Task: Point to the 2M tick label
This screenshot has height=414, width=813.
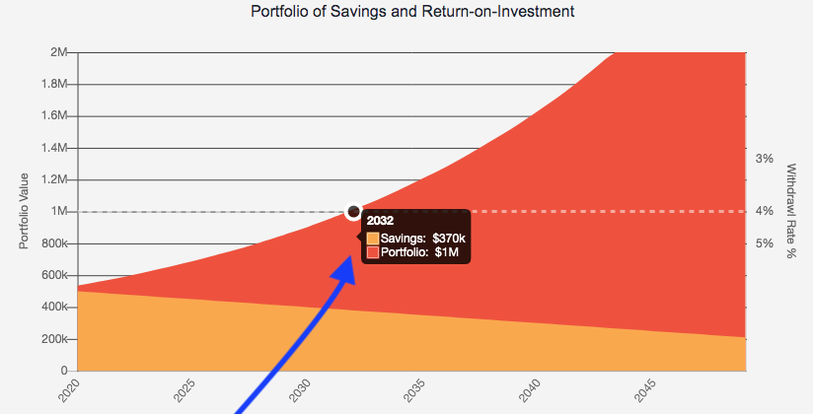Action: pos(58,51)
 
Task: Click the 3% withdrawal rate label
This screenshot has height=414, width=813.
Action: pos(764,158)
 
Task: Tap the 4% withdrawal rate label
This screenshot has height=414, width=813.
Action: pos(764,212)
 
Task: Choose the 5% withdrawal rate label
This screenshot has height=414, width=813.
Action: pos(764,243)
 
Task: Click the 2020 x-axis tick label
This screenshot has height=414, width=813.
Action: pos(68,389)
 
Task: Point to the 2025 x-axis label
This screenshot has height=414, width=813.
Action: pos(183,389)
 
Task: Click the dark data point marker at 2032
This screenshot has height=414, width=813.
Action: pos(354,212)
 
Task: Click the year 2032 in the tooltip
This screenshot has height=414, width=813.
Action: pos(380,221)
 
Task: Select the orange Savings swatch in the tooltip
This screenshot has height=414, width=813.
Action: pos(373,239)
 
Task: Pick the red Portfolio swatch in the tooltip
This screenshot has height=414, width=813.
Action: pos(373,252)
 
